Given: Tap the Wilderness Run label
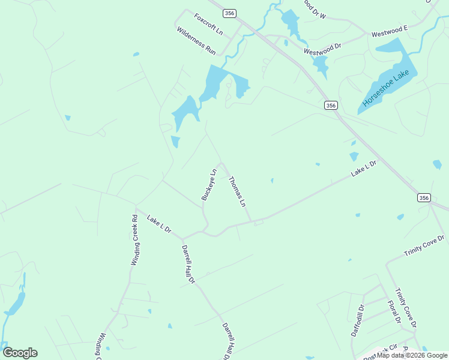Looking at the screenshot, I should pos(196,41).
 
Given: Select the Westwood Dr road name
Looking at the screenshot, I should pos(322,49).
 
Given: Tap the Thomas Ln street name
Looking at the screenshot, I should pos(237,191).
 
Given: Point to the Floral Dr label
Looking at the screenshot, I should pos(394,312).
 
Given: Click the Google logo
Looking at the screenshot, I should pos(20,353).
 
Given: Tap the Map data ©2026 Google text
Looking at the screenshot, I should pos(412,355).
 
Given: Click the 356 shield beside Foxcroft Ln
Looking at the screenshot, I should pos(229,13).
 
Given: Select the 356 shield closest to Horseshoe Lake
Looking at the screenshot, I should pos(331,106).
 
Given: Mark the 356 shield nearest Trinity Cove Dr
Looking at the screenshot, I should pos(424,197).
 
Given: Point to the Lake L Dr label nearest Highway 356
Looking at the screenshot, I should pos(364,167).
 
